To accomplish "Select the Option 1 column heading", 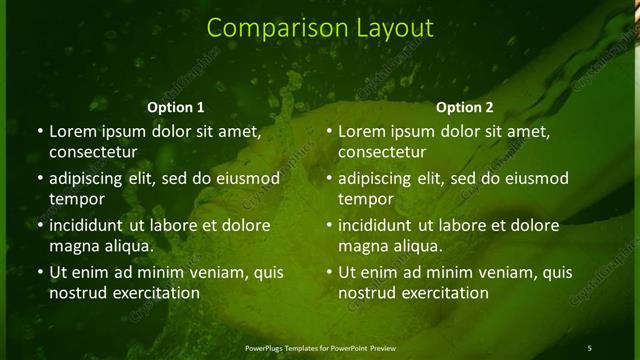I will click(x=176, y=107).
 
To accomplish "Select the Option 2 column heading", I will click(x=465, y=107).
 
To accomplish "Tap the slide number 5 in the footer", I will click(x=589, y=347).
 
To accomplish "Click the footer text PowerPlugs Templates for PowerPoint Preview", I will click(x=320, y=347).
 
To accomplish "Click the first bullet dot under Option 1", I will click(x=39, y=132).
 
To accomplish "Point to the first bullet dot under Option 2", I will click(x=329, y=132).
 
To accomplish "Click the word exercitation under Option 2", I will click(x=441, y=293).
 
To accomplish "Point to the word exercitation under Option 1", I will click(x=151, y=293).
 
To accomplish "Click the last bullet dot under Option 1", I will click(x=39, y=271).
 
